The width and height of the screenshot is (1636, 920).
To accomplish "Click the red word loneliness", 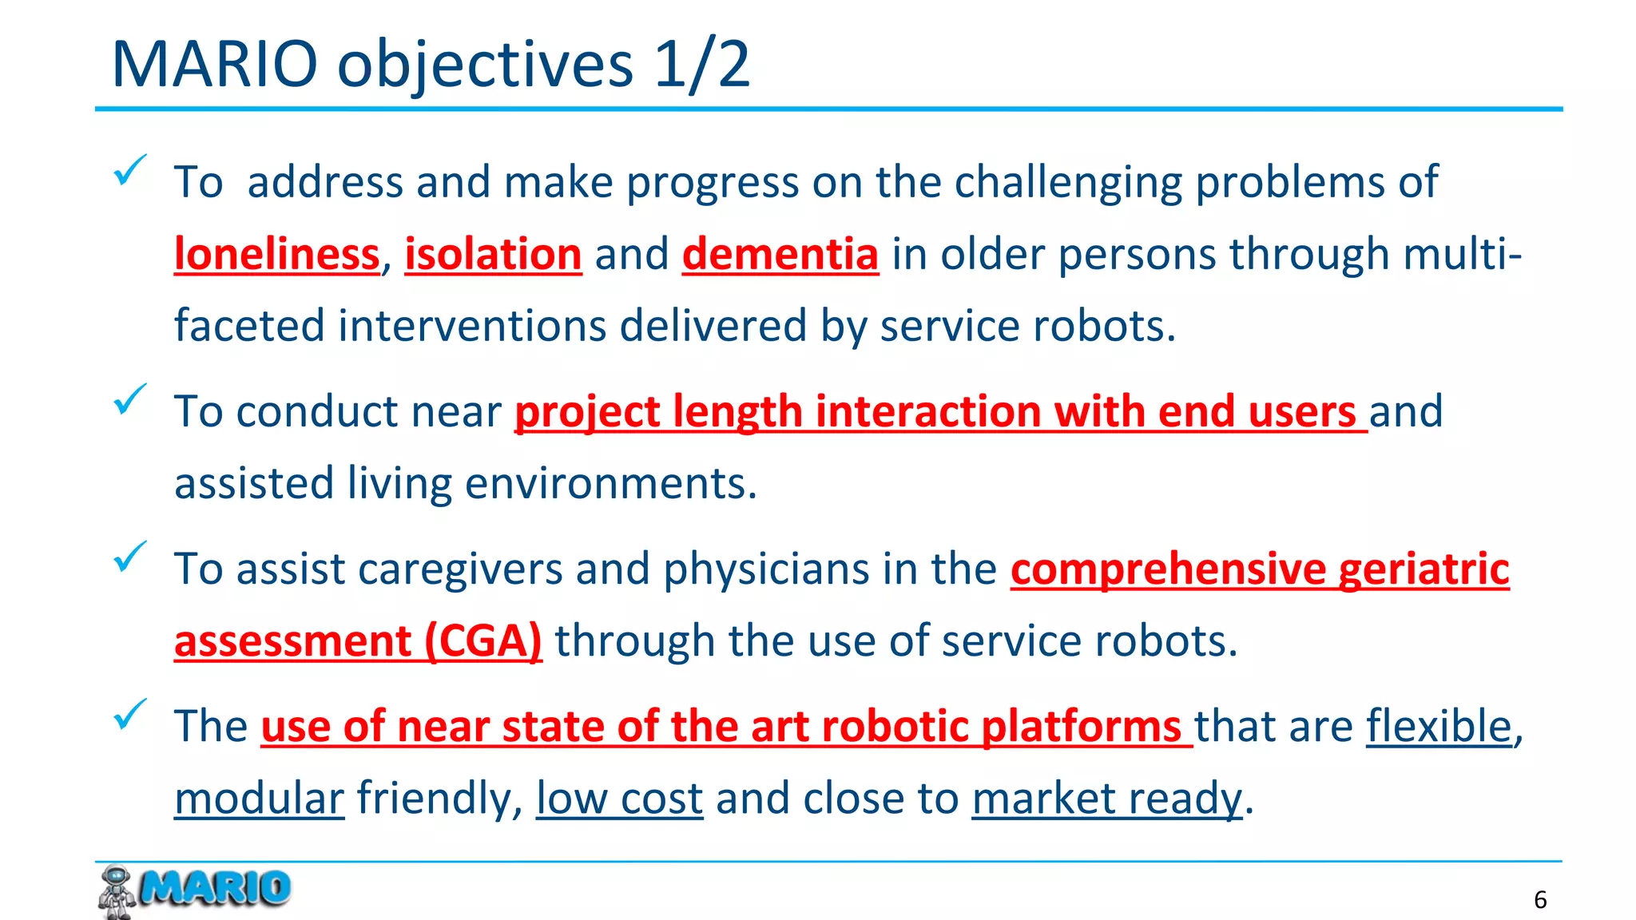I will coord(276,255).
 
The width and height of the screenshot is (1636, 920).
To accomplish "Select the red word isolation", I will coord(493,255).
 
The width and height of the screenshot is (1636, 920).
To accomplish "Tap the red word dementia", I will coord(780,255).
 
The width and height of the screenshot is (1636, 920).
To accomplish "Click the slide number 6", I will coord(1540,900).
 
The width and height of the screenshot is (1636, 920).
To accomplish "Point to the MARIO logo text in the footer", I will coord(214,888).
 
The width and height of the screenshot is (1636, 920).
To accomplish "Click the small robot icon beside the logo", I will coord(117,891).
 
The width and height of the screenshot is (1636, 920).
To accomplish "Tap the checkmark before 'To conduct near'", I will coord(129,399).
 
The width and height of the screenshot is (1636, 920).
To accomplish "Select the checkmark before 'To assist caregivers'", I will coord(129,557).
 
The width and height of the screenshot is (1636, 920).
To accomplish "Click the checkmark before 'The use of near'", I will coord(129,714).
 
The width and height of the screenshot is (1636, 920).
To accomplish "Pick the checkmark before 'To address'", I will coord(129,169).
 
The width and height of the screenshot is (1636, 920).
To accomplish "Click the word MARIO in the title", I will coord(214,64).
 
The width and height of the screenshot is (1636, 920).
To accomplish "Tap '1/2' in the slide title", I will coord(701,64).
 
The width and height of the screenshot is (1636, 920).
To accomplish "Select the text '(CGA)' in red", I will coord(482,641).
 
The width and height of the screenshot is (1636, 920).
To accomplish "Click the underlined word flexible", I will coord(1439,726).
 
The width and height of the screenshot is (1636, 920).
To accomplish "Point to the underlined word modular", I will coord(259,799).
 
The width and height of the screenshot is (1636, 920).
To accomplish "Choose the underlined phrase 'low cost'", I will coord(619,799).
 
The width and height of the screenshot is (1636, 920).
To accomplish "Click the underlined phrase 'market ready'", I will coord(1107,799).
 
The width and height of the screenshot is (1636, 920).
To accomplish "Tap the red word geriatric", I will coord(1424,569).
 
